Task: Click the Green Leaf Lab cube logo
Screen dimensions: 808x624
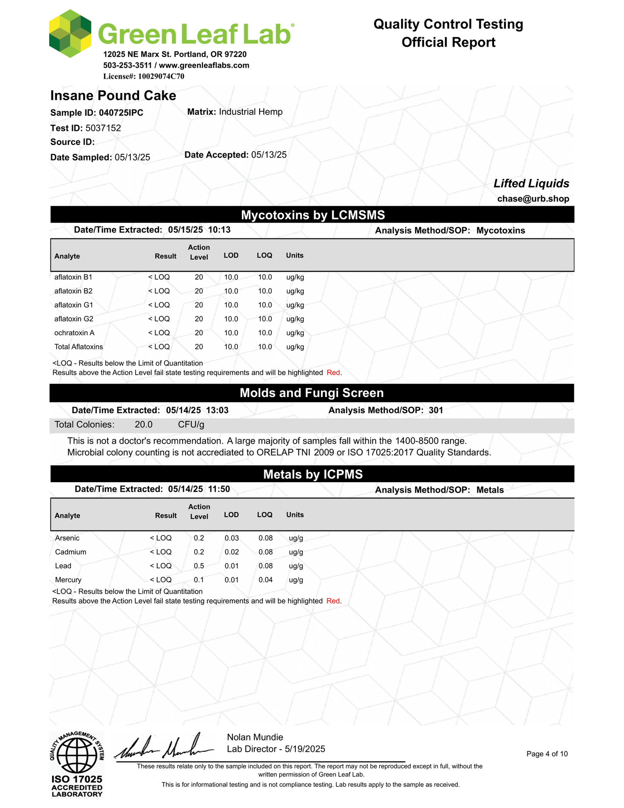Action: click(70, 34)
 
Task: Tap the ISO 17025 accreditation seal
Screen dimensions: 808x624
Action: click(76, 763)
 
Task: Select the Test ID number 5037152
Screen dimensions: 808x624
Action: click(103, 128)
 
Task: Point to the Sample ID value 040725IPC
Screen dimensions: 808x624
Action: click(121, 113)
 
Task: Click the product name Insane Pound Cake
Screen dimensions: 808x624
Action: click(113, 95)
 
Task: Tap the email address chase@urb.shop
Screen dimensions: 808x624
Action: click(533, 199)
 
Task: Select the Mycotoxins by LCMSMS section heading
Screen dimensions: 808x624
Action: click(312, 215)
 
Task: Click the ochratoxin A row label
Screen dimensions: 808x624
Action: click(74, 333)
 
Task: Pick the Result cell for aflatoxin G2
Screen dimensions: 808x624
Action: click(159, 319)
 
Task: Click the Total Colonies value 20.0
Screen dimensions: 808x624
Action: click(143, 424)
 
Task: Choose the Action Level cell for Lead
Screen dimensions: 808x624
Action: click(199, 566)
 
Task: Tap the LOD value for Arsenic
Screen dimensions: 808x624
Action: click(231, 538)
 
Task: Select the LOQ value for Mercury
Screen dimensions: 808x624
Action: click(265, 579)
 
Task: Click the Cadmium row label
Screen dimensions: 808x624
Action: click(70, 552)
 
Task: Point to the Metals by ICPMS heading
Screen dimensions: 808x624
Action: click(312, 474)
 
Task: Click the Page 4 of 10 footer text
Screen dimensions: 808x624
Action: click(547, 754)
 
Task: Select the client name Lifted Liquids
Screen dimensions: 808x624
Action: click(531, 184)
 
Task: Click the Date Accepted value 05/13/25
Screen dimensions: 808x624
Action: click(269, 155)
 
